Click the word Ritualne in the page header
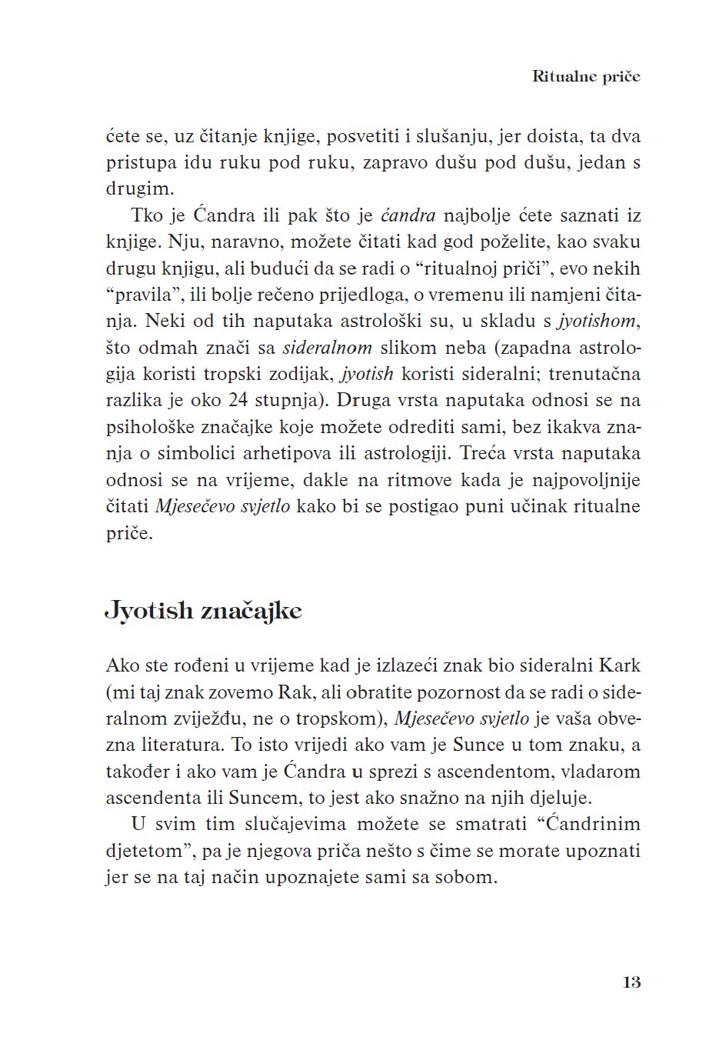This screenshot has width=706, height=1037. pos(559,77)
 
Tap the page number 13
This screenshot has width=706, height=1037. pos(631,982)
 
